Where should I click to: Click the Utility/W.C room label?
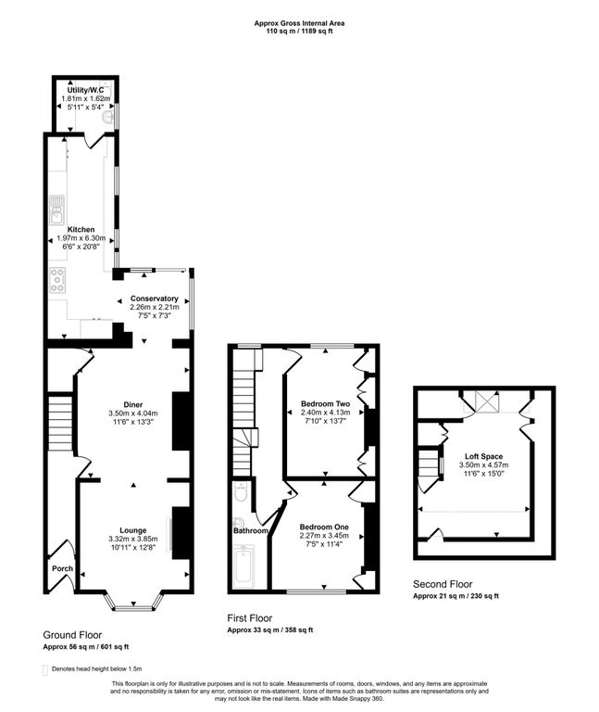click(85, 90)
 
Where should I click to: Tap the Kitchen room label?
click(81, 230)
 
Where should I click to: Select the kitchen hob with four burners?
click(57, 280)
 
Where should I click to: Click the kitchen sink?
click(56, 210)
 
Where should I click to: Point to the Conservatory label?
click(155, 299)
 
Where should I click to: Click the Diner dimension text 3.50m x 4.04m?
click(133, 413)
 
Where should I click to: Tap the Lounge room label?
click(133, 530)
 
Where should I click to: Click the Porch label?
click(63, 568)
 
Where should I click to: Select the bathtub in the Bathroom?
click(243, 566)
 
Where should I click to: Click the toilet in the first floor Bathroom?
click(241, 491)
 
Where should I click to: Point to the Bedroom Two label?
click(326, 403)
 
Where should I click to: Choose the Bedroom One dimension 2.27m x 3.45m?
click(324, 535)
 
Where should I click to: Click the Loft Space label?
click(484, 456)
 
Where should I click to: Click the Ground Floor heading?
click(72, 635)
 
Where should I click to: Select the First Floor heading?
click(250, 618)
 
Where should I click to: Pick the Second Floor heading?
click(443, 584)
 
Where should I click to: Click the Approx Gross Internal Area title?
click(299, 23)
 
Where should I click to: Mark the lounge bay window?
click(133, 601)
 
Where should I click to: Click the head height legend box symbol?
click(44, 670)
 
